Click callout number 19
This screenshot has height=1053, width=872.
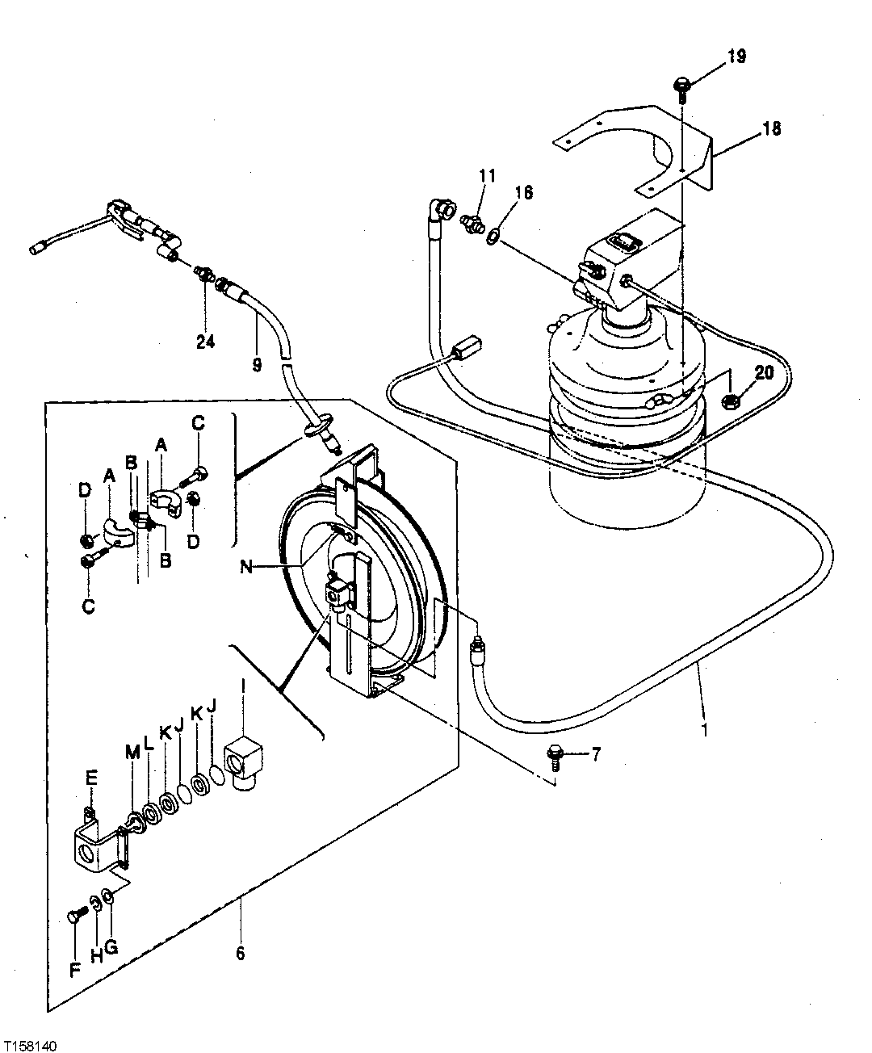pyautogui.click(x=736, y=57)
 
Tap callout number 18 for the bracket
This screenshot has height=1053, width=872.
pyautogui.click(x=771, y=128)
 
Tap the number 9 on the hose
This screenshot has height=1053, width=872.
pyautogui.click(x=257, y=365)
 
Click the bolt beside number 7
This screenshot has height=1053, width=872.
pyautogui.click(x=556, y=753)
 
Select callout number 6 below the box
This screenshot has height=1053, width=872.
pyautogui.click(x=240, y=953)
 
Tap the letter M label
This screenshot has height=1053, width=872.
pyautogui.click(x=132, y=753)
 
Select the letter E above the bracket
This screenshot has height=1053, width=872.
pyautogui.click(x=91, y=778)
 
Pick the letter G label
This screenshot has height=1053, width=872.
pyautogui.click(x=111, y=947)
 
